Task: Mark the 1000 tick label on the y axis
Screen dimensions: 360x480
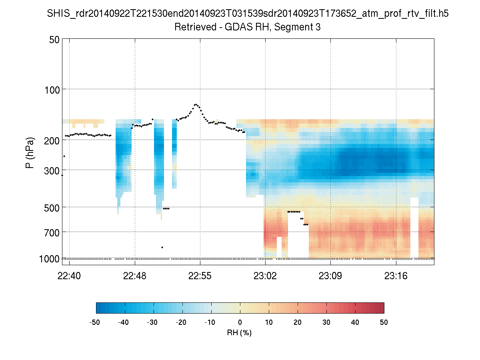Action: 49,259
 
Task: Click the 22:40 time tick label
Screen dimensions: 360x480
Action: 70,276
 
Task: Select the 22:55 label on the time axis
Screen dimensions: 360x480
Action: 200,276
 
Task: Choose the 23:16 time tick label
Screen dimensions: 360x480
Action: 396,276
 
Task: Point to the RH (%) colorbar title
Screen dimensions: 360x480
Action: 239,332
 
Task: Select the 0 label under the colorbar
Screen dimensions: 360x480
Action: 240,322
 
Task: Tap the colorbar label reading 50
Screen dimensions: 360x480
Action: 384,322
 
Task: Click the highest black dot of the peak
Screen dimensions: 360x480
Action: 196,104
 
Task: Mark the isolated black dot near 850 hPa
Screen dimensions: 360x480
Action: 162,247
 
